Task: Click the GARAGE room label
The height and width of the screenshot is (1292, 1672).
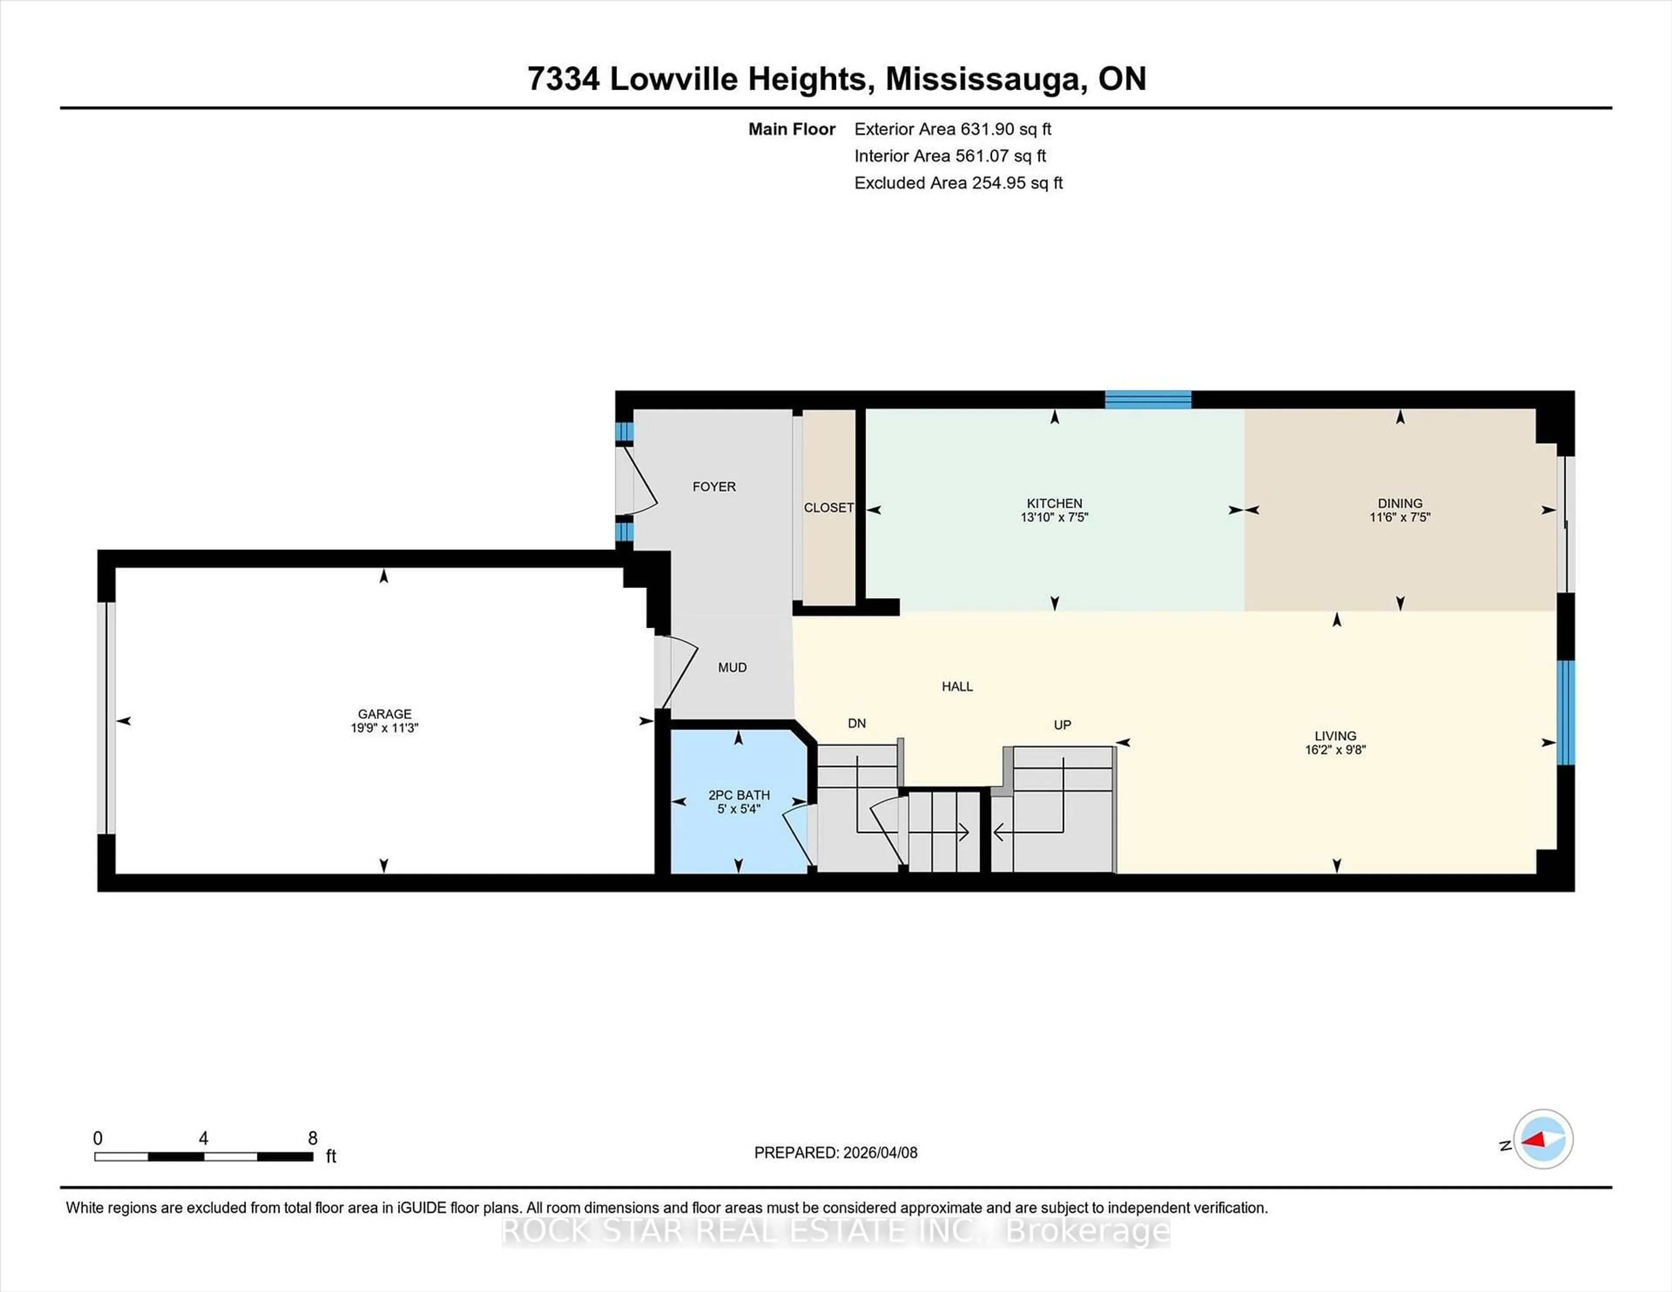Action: coord(384,713)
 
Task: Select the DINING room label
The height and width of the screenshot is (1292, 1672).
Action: coord(1399,503)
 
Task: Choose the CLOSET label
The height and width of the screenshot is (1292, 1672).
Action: coord(828,508)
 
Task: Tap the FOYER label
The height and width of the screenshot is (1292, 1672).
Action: coord(714,487)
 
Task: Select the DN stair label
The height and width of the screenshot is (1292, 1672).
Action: coord(856,723)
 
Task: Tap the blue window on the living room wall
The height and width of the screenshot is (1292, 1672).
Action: coord(1566,712)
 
